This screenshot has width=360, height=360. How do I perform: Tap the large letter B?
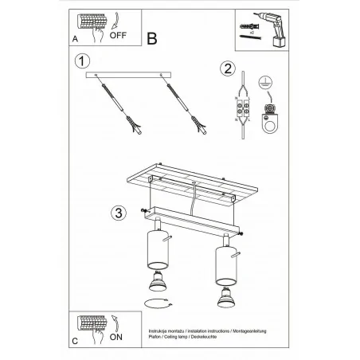click(154, 37)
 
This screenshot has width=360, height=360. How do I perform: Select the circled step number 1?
click(80, 61)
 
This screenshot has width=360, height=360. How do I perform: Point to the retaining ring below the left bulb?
click(157, 303)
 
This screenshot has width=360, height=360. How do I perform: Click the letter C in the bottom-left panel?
click(74, 340)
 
